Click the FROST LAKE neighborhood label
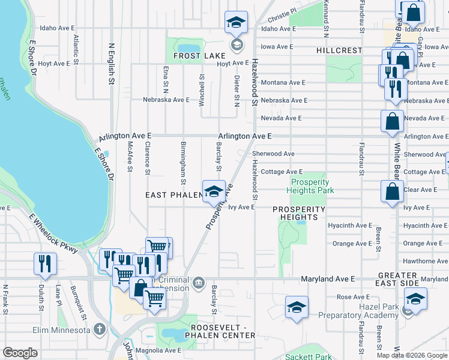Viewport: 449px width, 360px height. pos(191,56)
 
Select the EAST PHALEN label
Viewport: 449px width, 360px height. pos(173,196)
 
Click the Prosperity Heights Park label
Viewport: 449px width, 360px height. pos(310,186)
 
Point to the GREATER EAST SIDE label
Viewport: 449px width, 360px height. pos(406,279)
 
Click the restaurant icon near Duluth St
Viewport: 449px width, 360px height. pos(46,264)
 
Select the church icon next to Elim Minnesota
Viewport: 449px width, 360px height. pos(100,329)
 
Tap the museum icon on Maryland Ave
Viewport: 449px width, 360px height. pos(199,282)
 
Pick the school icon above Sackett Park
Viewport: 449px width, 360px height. pos(297,308)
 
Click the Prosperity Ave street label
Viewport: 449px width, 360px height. pos(219,206)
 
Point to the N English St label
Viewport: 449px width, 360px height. pos(112,63)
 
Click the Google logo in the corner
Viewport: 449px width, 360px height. pos(20,353)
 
